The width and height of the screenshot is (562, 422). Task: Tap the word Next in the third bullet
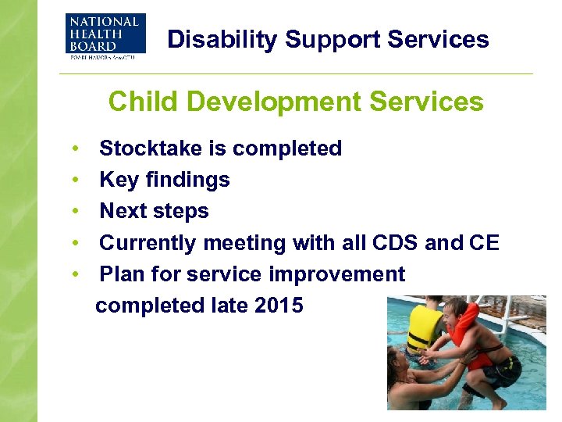click(123, 211)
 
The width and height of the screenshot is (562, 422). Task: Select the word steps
click(180, 212)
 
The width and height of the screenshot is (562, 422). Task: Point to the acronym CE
click(484, 243)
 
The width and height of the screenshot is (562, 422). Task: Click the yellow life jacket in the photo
click(425, 329)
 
